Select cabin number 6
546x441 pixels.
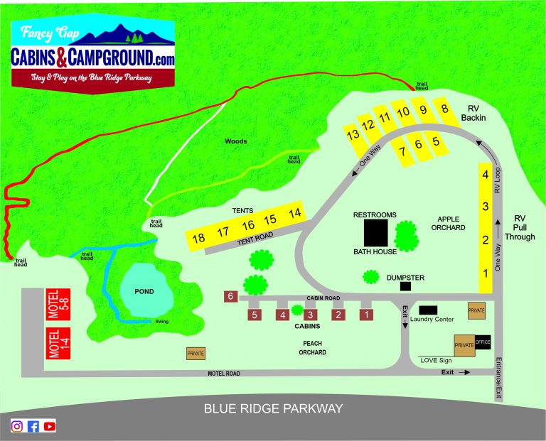pyautogui.click(x=230, y=296)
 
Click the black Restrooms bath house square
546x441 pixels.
pyautogui.click(x=376, y=232)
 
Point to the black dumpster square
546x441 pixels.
pyautogui.click(x=405, y=286)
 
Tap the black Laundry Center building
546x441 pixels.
pyautogui.click(x=428, y=310)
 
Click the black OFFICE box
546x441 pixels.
pyautogui.click(x=483, y=342)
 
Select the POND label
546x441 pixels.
pyautogui.click(x=145, y=292)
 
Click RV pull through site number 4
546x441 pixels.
pyautogui.click(x=485, y=174)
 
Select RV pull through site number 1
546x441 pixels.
pyautogui.click(x=485, y=273)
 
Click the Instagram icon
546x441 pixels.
pyautogui.click(x=17, y=426)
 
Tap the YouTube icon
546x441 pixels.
pyautogui.click(x=49, y=426)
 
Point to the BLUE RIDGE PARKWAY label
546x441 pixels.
pyautogui.click(x=273, y=408)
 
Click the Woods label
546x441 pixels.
pyautogui.click(x=235, y=141)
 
